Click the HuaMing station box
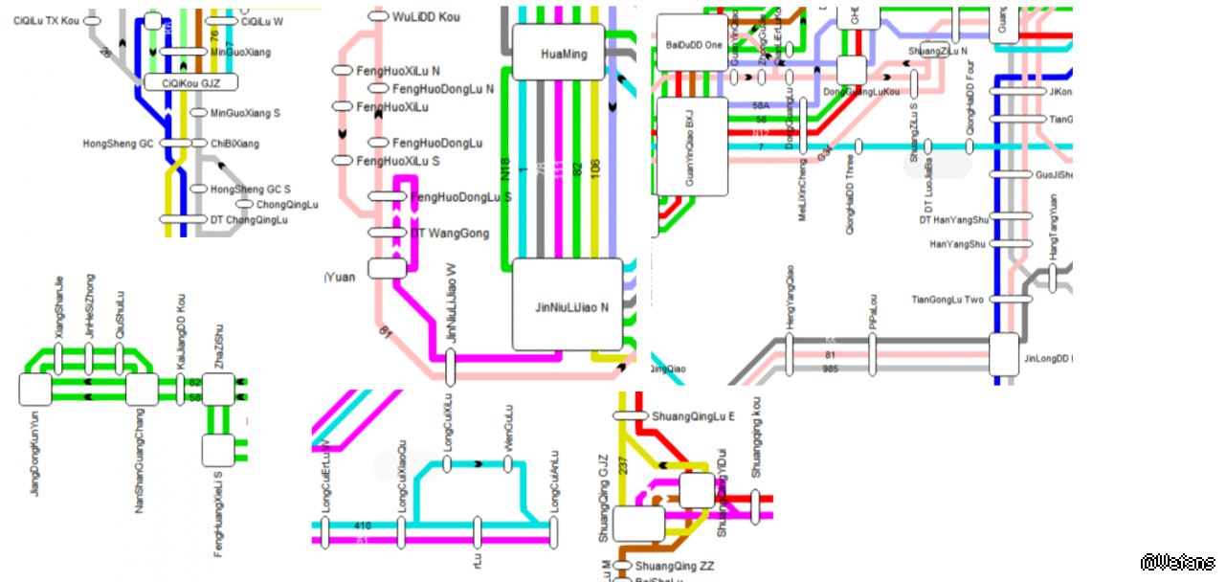[x=563, y=53]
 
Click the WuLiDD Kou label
[x=426, y=16]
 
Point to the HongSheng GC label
[x=118, y=144]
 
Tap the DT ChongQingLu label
[x=248, y=220]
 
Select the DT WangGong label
[x=450, y=234]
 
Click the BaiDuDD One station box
[x=694, y=45]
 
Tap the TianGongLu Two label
[x=947, y=300]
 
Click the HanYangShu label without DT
[x=957, y=244]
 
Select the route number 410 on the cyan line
[x=363, y=526]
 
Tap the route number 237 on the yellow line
[x=624, y=465]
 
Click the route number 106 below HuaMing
[x=596, y=168]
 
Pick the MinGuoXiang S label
[x=245, y=113]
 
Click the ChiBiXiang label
[x=234, y=144]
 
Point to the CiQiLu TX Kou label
[x=47, y=20]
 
